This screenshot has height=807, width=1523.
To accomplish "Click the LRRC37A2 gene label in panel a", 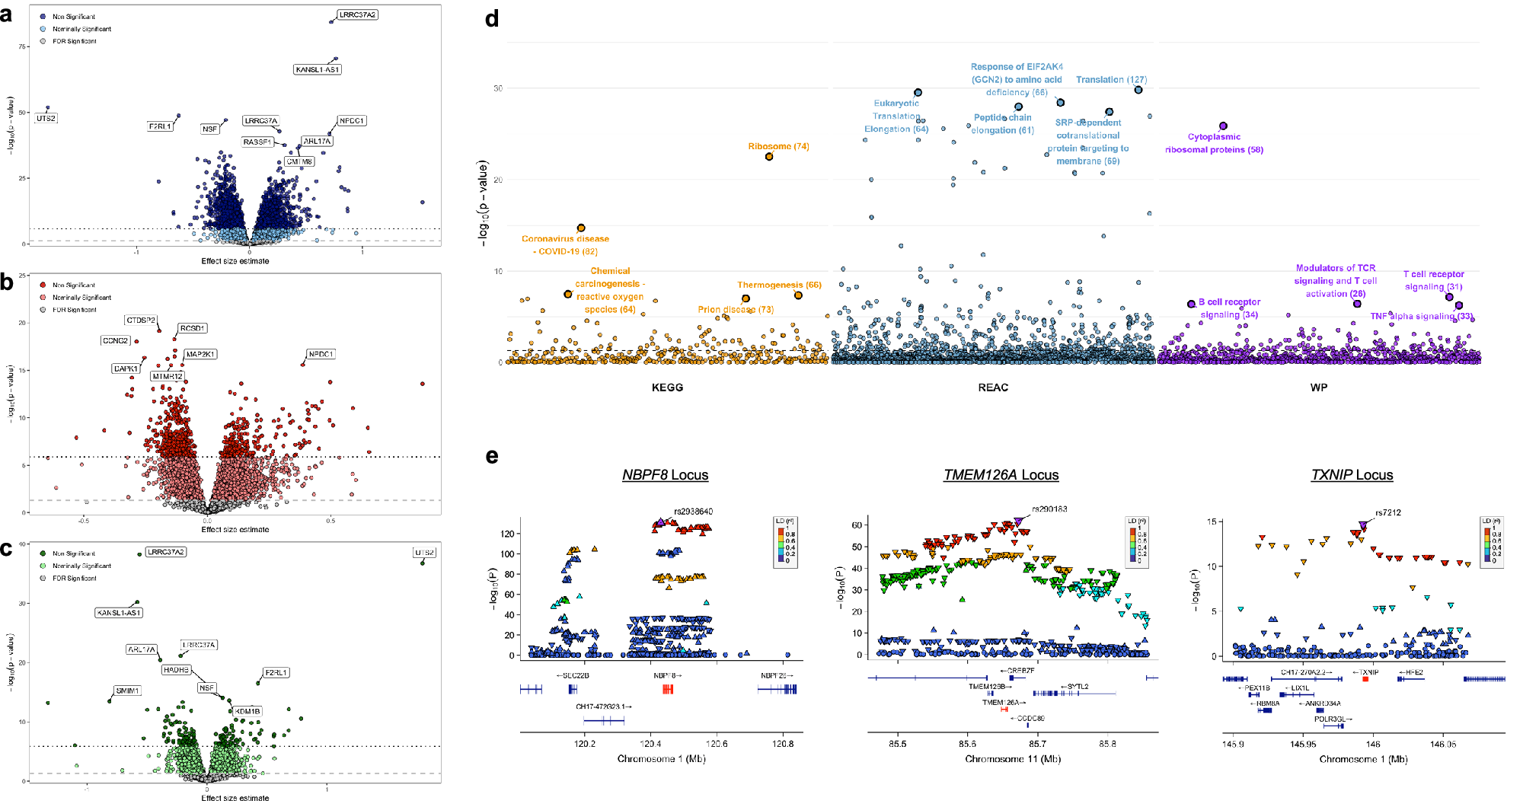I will point(357,14).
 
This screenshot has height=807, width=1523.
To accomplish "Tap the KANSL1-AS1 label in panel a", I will point(317,69).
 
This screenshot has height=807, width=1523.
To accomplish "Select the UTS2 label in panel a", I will point(46,118).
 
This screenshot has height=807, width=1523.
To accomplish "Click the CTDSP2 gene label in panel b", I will point(141,321).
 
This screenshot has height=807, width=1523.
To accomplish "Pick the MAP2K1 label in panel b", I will point(201,354).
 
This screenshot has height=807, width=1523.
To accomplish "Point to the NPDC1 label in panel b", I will point(321,354).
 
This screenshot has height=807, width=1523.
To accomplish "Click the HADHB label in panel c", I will point(176,670).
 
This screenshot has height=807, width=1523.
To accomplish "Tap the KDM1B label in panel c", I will point(247,711).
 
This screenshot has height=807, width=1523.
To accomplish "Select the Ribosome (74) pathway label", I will point(778,146).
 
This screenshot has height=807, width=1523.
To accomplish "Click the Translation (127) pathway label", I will point(1111,79).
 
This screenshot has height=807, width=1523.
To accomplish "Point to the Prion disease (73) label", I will point(736,309).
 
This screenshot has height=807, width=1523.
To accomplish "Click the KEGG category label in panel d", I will point(667,388).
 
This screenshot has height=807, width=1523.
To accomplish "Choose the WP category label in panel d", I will point(1318,388).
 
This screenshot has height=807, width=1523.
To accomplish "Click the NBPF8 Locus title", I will point(665,475).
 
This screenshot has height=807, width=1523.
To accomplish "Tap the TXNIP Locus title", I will point(1352,475).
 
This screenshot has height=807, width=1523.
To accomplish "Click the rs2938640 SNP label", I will point(693,512).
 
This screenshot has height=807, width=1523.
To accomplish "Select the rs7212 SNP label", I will point(1387,512).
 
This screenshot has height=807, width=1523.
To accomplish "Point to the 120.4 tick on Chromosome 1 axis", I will point(650,744).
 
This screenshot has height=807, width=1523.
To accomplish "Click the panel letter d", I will point(492,18).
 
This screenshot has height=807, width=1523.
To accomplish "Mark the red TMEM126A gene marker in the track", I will point(1004,710).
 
